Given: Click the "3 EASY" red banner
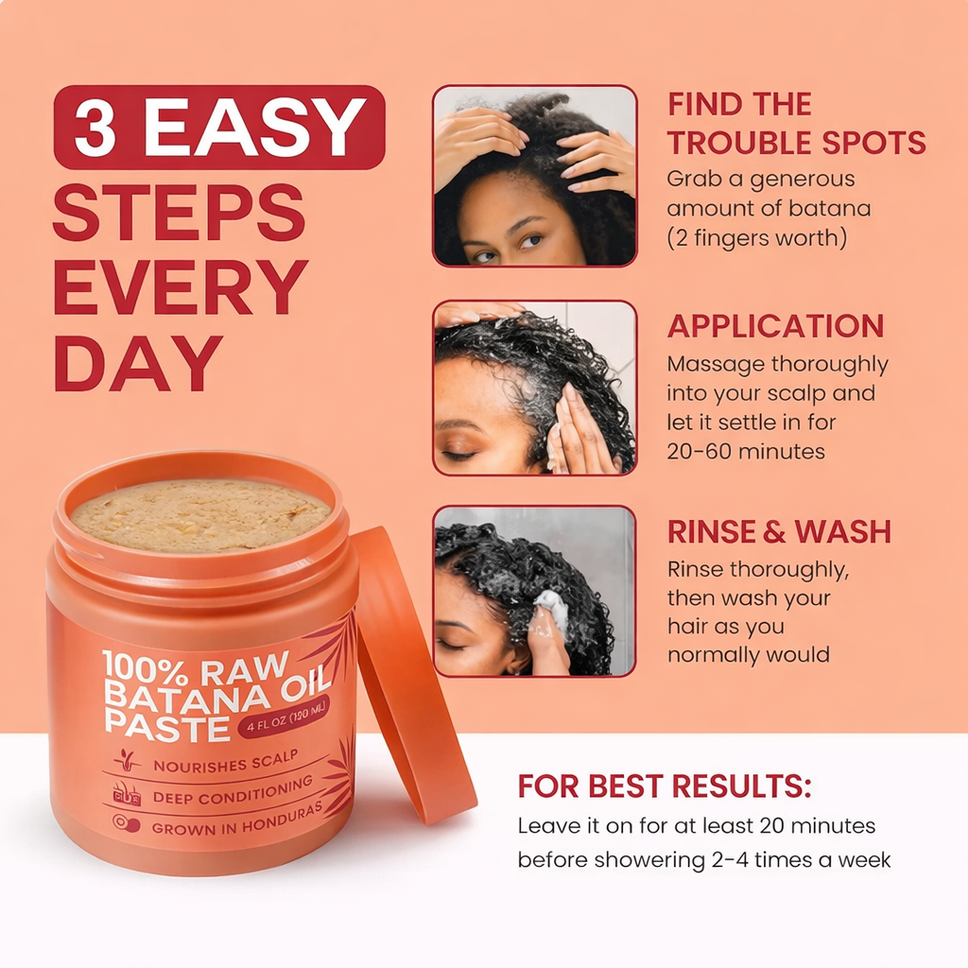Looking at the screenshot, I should pos(219,127).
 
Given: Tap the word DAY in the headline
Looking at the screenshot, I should pos(138,363).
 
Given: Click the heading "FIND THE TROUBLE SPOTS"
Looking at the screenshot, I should pos(796,124).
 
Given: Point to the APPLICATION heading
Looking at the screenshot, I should pos(775,325).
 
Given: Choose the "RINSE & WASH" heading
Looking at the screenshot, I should pos(779,531).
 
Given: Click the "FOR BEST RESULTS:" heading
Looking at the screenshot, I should pos(664,786).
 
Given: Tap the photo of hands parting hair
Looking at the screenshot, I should pos(534,176).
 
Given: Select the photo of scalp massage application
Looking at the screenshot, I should pos(534,388).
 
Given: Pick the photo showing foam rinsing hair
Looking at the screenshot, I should pos(534,592).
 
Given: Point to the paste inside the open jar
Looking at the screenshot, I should pos(200,513).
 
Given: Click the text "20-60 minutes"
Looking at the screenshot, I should pos(746,451).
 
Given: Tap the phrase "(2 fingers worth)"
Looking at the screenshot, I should pos(756,237).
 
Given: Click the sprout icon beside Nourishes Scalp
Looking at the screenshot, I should pos(126,759).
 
